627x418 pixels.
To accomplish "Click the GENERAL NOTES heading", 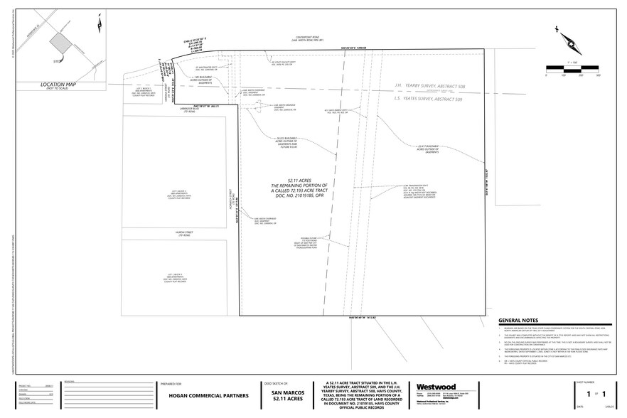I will point(523,321).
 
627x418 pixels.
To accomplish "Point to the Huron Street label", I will point(176,232).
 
